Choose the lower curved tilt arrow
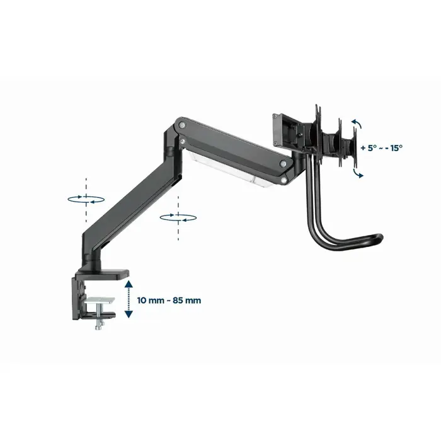(x=357, y=173)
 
